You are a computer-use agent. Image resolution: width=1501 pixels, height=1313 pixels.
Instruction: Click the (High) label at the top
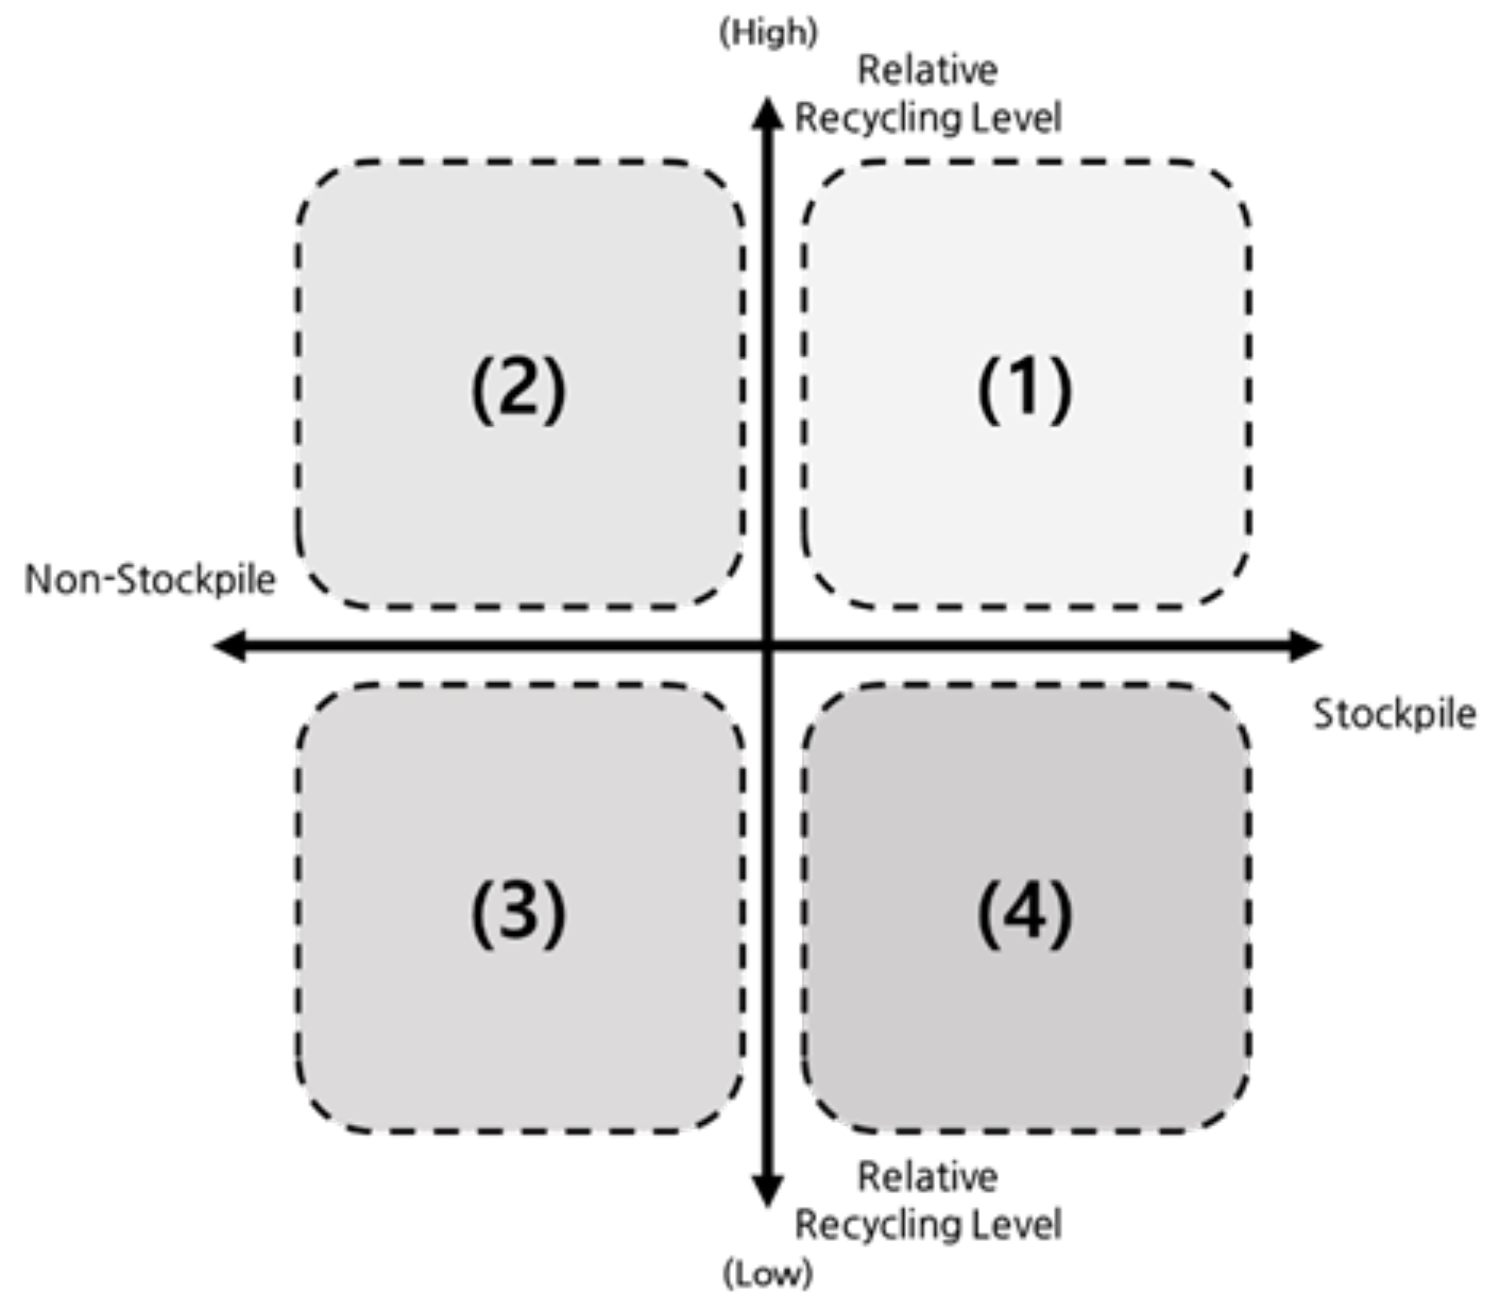(768, 33)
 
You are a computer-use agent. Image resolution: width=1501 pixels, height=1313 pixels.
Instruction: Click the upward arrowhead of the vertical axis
(768, 114)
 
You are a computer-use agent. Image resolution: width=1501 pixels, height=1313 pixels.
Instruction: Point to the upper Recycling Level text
(927, 118)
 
